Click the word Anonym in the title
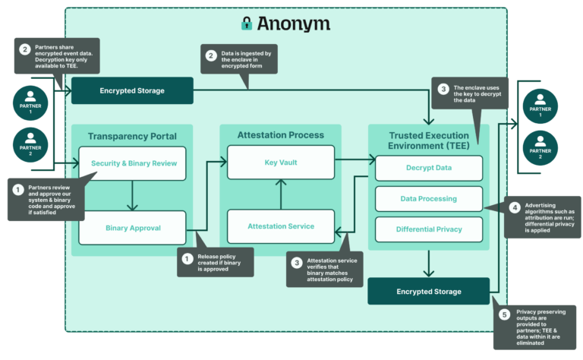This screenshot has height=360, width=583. (x=293, y=24)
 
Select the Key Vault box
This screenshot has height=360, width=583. (x=282, y=163)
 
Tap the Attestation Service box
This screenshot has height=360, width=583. (x=282, y=226)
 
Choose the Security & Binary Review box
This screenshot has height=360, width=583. (x=133, y=163)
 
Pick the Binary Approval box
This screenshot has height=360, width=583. (x=133, y=226)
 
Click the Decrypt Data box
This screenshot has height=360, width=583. (x=429, y=169)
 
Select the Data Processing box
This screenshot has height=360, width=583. (x=429, y=198)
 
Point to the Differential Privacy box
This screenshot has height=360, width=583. (x=429, y=229)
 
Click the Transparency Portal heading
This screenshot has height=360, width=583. (x=133, y=136)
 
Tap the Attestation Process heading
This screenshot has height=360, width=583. (x=282, y=135)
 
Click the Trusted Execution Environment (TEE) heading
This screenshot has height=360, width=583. (x=429, y=141)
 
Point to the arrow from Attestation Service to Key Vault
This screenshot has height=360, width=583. (x=282, y=194)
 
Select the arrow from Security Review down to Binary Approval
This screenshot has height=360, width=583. (x=133, y=195)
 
